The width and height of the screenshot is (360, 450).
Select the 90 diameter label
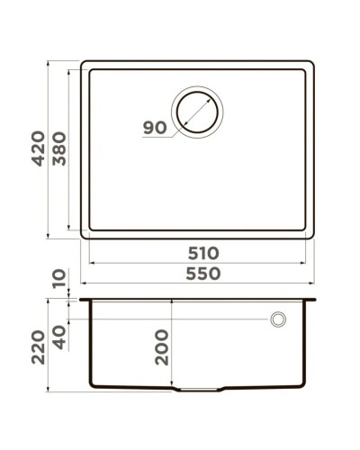click(x=154, y=128)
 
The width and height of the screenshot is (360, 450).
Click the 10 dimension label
click(x=59, y=280)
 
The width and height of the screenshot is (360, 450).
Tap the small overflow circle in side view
click(x=279, y=319)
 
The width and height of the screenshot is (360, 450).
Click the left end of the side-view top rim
click(x=82, y=298)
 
